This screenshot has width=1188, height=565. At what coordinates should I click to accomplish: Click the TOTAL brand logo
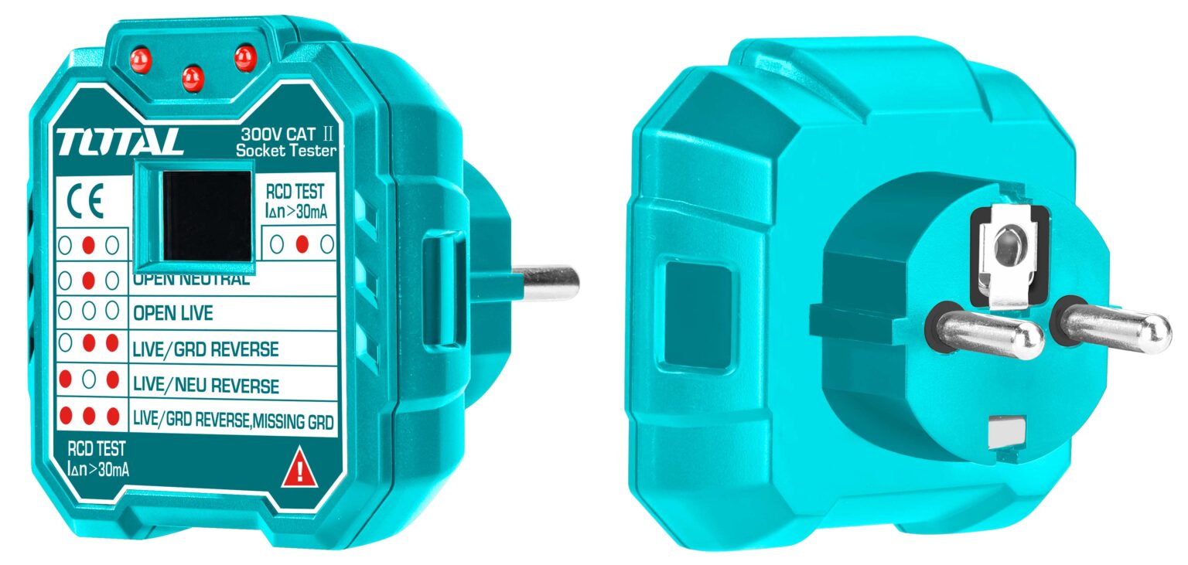point(119,142)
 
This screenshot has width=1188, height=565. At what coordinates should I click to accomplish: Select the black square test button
point(206,216)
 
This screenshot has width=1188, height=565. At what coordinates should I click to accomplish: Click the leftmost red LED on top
point(140,60)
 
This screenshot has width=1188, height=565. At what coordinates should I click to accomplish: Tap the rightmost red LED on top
point(244,56)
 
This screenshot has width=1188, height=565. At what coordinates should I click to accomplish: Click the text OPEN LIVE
point(172,314)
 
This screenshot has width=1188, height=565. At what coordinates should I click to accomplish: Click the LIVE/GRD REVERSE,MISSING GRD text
point(233,421)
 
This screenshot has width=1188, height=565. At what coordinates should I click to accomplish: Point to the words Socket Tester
point(286,151)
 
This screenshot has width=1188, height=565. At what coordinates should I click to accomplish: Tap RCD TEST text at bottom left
point(96,448)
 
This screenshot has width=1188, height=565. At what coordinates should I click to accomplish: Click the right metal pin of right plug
point(1114,324)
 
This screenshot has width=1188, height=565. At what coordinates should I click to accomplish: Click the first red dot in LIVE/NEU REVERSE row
point(66,380)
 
